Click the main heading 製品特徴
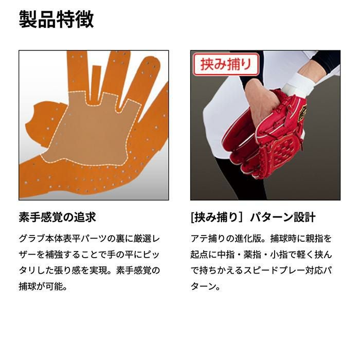pos(56,20)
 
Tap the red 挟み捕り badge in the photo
pos(226,64)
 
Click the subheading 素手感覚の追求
pos(58,217)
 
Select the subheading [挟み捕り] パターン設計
pos(253,217)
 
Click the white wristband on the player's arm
pos(298,84)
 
